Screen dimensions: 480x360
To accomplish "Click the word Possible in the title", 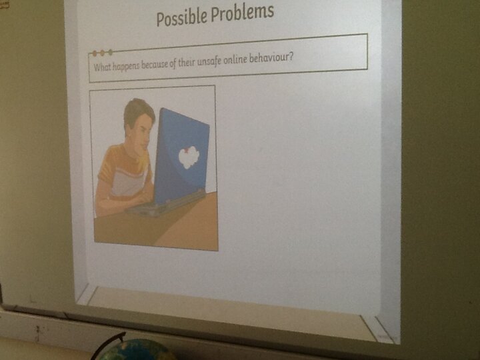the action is [181, 16].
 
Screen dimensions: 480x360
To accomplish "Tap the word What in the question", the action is [101, 67].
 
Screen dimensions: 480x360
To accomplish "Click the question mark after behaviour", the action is [290, 56].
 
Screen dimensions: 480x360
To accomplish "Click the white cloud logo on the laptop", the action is [189, 157].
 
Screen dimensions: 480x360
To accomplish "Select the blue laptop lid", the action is [182, 156].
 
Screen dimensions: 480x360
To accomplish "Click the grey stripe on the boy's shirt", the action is [127, 181].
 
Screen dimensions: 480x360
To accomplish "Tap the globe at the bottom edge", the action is [135, 350].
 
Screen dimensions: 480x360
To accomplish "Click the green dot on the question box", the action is [111, 53].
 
